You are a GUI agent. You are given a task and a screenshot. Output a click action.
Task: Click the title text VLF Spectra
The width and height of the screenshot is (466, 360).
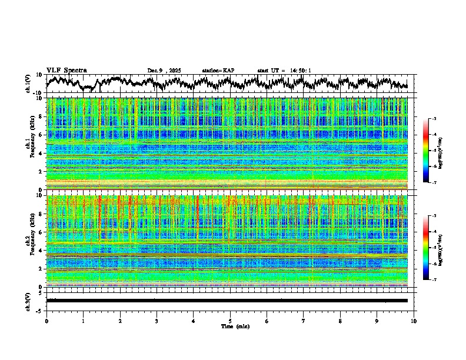tap(66, 70)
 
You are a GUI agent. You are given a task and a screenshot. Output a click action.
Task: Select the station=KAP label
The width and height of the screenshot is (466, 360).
tap(218, 71)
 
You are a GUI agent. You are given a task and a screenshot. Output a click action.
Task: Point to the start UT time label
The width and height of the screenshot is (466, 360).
tap(284, 71)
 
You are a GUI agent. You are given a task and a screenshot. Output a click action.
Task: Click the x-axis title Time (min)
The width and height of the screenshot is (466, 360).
tap(230, 326)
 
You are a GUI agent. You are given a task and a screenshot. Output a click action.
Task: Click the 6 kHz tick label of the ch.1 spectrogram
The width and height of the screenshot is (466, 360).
tap(41, 135)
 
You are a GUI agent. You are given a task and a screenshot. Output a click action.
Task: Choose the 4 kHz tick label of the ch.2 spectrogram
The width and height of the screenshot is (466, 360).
tap(41, 250)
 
